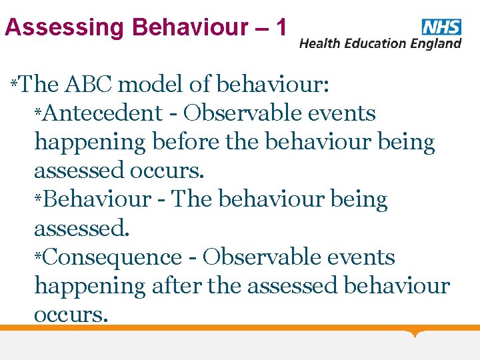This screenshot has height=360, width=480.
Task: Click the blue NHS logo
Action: coord(441,27)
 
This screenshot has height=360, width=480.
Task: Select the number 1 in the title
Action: coord(281,27)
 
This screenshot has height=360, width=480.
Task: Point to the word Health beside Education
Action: coord(321,44)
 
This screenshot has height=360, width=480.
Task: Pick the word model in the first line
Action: coord(154,85)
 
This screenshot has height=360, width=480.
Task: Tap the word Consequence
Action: coord(113,257)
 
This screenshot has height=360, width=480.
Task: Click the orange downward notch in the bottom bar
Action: coord(416,333)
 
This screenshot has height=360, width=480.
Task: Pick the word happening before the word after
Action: coord(90,286)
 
